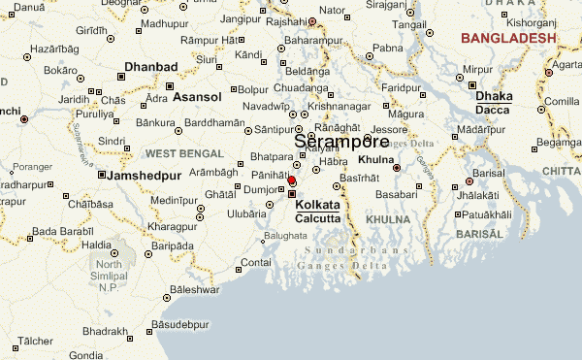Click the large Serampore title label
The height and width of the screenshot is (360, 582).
(341, 142)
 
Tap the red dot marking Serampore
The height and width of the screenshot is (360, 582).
(291, 180)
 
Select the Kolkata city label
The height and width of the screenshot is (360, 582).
(318, 206)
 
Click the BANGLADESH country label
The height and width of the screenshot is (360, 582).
(508, 38)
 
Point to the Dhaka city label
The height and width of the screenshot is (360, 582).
(494, 96)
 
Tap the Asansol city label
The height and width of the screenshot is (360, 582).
(198, 97)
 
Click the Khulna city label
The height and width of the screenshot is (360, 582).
(374, 158)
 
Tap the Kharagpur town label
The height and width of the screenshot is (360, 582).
(145, 225)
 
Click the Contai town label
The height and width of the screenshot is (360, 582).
(255, 262)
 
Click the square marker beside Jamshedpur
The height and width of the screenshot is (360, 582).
(102, 175)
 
